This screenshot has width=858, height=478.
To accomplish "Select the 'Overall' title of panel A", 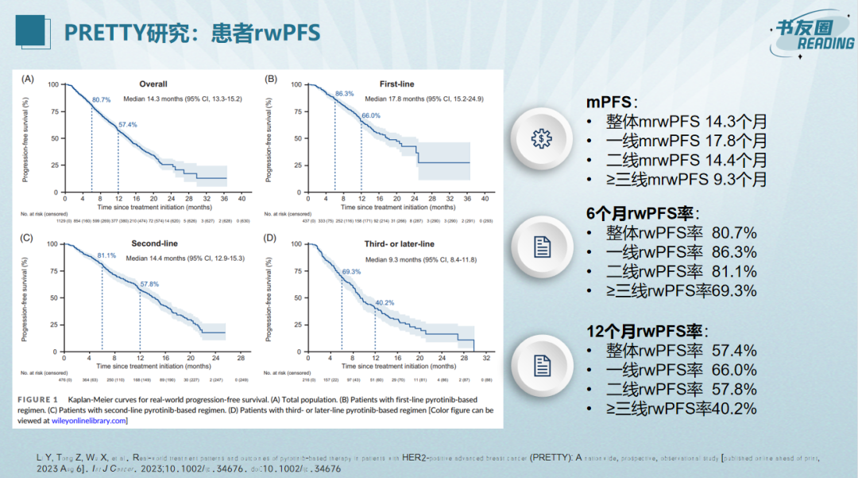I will point(153,84).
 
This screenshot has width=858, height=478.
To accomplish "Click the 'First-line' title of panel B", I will point(396,84).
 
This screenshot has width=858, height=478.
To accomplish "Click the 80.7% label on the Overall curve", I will point(102,100).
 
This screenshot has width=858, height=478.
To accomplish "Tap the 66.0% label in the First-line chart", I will point(371,115).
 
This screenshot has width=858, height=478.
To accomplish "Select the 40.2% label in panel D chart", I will point(385,302).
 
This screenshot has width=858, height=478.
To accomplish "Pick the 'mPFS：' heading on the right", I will point(612,103).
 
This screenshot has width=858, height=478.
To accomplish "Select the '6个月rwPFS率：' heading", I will point(643,213).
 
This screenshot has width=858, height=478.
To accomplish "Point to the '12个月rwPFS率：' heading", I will point(648,331).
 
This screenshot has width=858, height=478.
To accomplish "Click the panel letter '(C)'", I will point(27,237).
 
